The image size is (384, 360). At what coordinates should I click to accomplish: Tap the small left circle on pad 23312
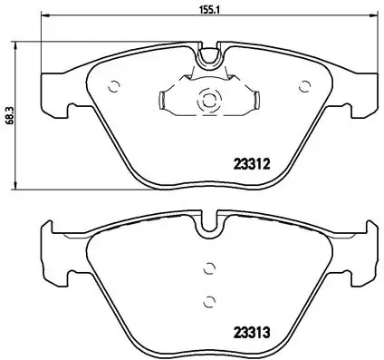114,88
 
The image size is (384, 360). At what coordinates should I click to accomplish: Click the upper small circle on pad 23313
209,268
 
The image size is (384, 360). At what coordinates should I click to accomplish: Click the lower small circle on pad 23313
209,302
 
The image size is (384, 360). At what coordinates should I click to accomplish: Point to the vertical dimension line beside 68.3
20,116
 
